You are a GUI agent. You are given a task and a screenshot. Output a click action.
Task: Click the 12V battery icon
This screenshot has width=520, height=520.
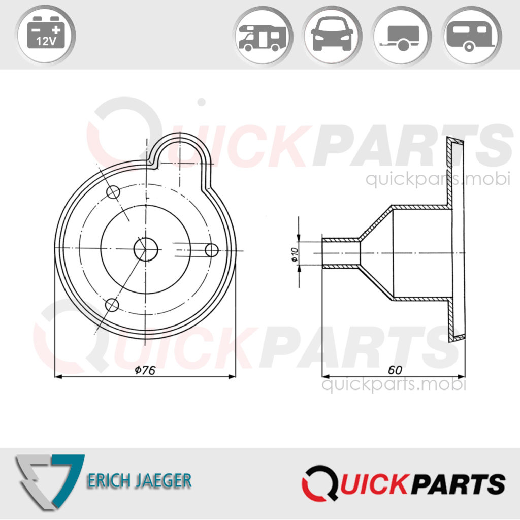click(x=46, y=36)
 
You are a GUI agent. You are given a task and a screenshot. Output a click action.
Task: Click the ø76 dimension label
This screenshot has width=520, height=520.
click(x=145, y=370)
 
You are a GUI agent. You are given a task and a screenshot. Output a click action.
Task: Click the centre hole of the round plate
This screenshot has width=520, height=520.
click(x=146, y=249)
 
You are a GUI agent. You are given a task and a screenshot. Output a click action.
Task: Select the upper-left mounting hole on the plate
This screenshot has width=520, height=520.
click(x=113, y=192)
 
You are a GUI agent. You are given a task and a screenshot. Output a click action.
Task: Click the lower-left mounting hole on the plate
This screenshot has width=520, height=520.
click(x=112, y=305)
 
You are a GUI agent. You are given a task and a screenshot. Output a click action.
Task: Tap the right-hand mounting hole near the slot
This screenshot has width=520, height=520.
click(x=211, y=250)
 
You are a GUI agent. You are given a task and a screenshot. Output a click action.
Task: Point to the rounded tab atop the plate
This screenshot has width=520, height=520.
click(x=181, y=150)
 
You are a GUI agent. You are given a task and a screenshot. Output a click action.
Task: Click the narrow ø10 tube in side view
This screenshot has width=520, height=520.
click(x=341, y=252)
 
